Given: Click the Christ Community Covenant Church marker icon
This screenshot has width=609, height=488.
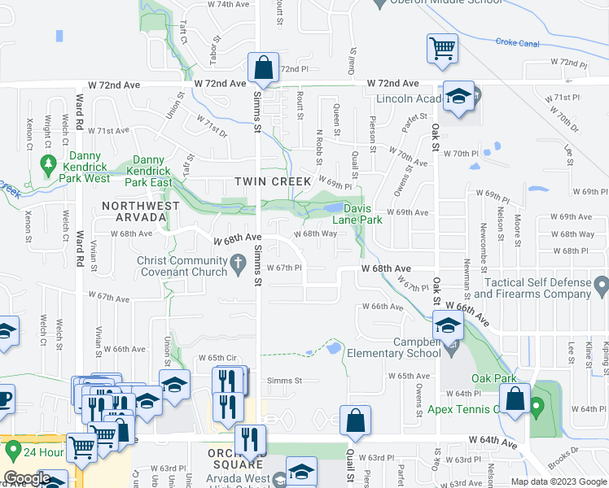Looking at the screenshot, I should [237, 262].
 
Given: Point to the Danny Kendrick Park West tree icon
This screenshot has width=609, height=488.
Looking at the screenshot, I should [48, 164].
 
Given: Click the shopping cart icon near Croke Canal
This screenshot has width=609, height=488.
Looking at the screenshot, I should [442, 48].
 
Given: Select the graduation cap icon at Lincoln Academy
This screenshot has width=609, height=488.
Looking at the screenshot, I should [458, 98].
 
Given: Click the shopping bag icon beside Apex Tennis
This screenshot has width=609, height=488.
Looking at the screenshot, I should [515, 399].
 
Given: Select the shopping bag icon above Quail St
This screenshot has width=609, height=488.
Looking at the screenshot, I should [355, 420].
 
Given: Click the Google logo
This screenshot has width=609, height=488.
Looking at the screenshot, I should [27, 478].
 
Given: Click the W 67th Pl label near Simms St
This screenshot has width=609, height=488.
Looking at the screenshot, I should [284, 268].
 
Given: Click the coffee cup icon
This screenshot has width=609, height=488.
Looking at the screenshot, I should [5, 399].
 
